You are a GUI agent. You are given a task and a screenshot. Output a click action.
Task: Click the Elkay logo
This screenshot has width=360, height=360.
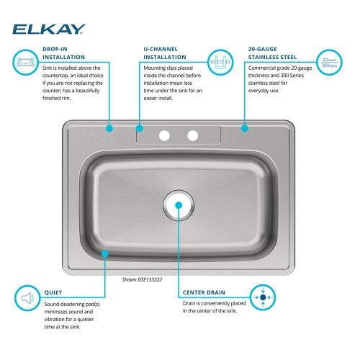49,30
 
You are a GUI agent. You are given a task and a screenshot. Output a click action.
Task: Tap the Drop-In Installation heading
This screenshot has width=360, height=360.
64,53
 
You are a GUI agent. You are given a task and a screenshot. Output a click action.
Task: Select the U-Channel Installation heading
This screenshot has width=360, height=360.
165,53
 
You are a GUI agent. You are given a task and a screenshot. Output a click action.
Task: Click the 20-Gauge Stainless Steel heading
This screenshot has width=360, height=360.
272,53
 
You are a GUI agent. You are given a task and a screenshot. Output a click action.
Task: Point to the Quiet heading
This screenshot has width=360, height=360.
53,292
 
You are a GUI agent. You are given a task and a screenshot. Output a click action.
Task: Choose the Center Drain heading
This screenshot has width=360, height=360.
204,292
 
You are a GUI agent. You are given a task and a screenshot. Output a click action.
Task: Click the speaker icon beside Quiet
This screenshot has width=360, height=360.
27,298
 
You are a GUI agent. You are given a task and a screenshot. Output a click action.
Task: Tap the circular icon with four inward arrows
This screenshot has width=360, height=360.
263,297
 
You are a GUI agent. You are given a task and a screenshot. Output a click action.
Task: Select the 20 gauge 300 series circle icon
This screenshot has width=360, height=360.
329,63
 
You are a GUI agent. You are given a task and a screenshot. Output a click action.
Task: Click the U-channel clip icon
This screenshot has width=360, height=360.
220,63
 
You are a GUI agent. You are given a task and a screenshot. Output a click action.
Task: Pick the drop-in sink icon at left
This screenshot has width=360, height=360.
25,63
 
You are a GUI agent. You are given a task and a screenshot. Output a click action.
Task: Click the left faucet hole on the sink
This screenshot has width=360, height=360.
164,135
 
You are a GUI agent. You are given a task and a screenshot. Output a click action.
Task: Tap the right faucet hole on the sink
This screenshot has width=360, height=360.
192,135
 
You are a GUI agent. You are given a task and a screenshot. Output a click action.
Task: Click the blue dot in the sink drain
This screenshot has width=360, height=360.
179,205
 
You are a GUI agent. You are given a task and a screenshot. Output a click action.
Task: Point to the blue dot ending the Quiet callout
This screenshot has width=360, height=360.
105,253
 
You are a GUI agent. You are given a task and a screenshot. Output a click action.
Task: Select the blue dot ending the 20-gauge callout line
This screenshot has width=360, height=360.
245,128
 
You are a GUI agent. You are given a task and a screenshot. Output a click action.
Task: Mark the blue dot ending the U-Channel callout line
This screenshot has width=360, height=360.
140,128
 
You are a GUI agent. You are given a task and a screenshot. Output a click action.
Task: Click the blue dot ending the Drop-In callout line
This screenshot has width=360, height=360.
109,128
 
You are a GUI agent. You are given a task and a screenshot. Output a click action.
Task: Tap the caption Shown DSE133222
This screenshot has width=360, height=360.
142,279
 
